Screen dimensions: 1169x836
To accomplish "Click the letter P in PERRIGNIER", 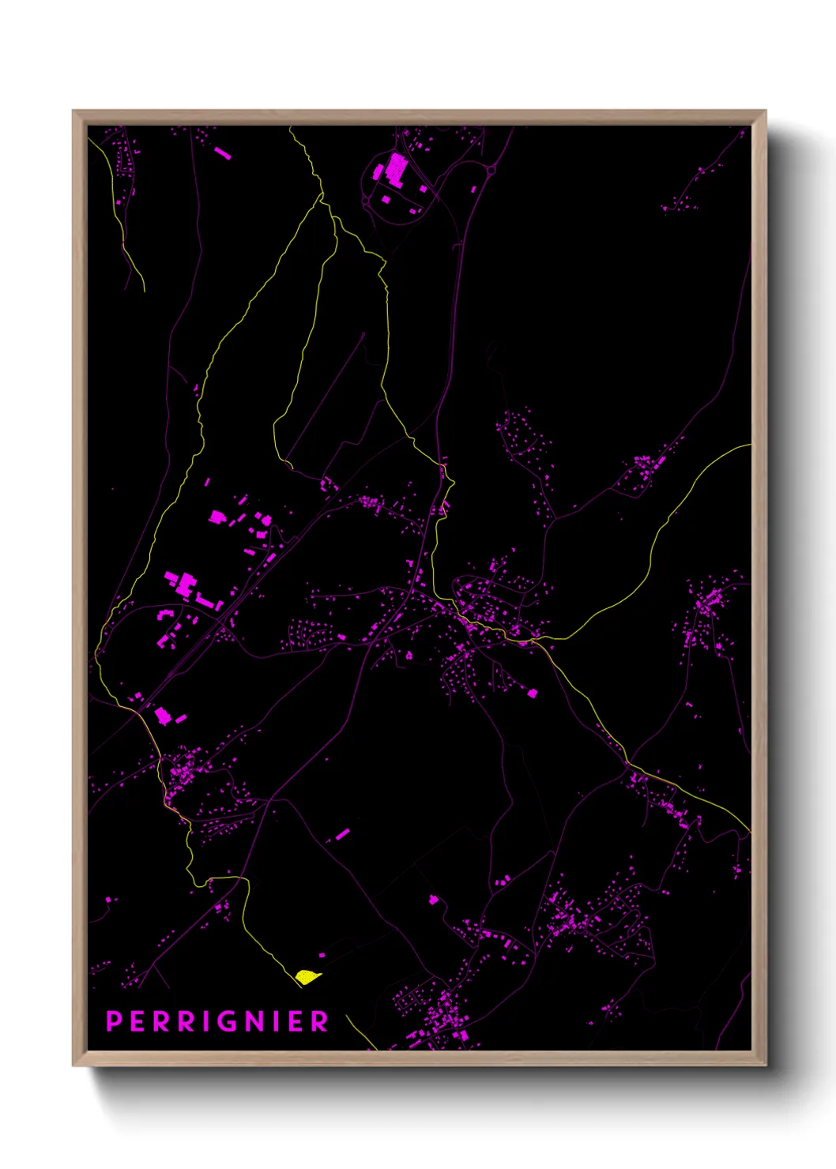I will [115, 1021].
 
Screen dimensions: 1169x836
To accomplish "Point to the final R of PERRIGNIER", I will [319, 1021].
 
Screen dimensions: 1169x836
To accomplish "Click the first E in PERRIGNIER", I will [137, 1021].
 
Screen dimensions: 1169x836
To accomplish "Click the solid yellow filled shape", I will [307, 977].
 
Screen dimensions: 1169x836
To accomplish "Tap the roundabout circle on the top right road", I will [491, 169].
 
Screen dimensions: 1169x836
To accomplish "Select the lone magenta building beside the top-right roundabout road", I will [473, 190].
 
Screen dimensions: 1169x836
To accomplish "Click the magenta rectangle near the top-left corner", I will [223, 152].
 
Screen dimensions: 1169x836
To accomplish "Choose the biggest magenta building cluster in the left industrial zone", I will [185, 584].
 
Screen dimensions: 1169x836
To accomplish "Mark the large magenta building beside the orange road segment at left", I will [162, 716].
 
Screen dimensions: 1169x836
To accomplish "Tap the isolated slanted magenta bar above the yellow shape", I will [342, 834].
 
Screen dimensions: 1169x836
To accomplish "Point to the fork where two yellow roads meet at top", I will [322, 194].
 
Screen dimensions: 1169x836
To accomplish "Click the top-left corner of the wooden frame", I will [73, 111].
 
